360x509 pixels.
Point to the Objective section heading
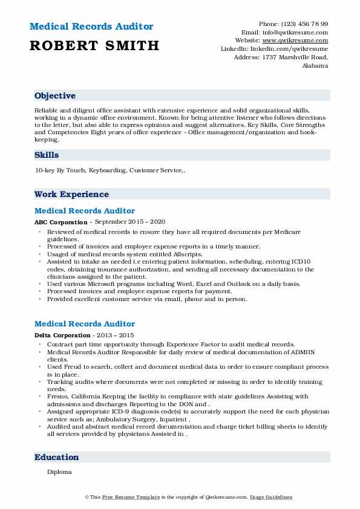pyautogui.click(x=55, y=96)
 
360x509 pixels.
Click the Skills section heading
pyautogui.click(x=47, y=155)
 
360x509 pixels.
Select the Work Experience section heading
pyautogui.click(x=71, y=194)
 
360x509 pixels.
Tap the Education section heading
pyautogui.click(x=56, y=457)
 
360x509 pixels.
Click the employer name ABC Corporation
pyautogui.click(x=61, y=222)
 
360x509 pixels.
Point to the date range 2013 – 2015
pyautogui.click(x=113, y=335)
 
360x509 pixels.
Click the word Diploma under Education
pyautogui.click(x=59, y=472)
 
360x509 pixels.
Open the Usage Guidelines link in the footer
pyautogui.click(x=271, y=497)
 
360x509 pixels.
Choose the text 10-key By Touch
pyautogui.click(x=61, y=171)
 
